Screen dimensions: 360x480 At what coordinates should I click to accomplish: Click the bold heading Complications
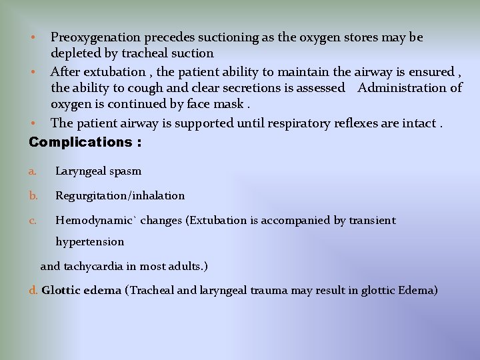[81, 142]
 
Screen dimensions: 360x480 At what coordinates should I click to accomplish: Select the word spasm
[126, 171]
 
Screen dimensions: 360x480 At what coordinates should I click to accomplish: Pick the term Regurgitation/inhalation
[120, 196]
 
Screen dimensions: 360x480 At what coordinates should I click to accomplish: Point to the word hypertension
[89, 242]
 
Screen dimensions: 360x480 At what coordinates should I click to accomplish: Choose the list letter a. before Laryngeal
[33, 171]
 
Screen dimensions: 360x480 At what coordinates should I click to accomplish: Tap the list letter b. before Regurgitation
[33, 196]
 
